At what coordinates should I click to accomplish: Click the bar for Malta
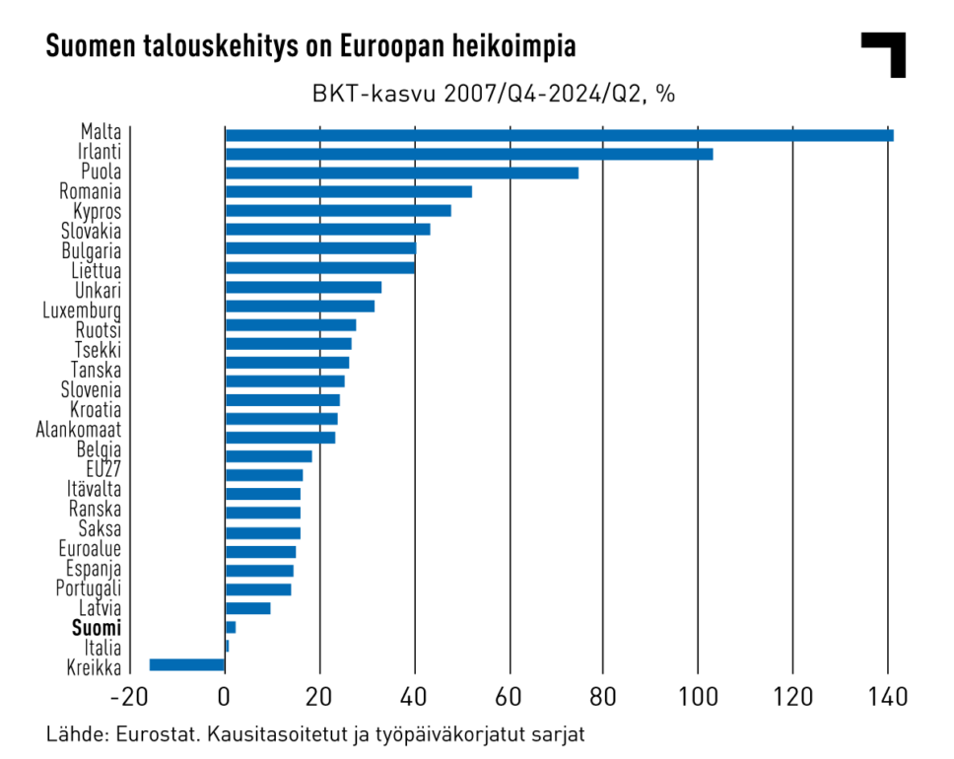559,135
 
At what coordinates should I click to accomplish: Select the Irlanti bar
468,154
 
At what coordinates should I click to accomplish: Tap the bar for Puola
401,172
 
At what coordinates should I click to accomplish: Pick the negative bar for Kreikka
187,665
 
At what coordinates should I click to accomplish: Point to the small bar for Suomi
231,627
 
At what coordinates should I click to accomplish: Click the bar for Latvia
247,608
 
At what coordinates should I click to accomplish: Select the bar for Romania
348,191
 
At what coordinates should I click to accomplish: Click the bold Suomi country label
97,628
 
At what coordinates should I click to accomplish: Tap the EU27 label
102,468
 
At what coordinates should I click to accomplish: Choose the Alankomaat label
79,430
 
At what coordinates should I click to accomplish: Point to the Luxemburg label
82,310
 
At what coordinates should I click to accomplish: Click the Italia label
102,648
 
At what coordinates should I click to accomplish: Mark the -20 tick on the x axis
127,699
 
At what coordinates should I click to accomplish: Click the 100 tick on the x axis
698,699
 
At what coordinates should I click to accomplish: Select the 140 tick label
887,699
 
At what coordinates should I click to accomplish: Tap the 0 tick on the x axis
225,699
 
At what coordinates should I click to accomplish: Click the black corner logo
885,52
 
